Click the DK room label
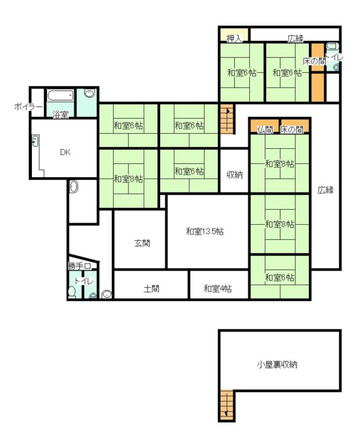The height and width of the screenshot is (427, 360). (65, 152)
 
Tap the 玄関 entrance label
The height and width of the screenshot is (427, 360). (142, 243)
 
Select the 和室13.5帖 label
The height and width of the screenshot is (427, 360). (205, 232)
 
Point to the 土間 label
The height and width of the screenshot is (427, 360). (151, 288)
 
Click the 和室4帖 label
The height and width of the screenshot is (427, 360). (218, 288)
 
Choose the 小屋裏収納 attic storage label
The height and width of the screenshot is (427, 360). (277, 365)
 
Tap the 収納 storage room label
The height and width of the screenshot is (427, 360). (235, 175)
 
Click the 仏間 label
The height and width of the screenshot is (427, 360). (265, 129)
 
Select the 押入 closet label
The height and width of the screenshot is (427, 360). (234, 38)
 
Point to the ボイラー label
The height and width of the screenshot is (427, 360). (28, 107)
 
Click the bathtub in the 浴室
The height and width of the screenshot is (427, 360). (60, 96)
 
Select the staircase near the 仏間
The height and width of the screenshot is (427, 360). (227, 119)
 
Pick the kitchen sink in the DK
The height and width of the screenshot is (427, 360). (36, 141)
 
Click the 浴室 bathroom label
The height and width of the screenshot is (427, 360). (60, 115)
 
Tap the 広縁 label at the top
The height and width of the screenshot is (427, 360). (295, 38)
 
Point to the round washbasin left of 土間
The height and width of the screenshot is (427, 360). (106, 295)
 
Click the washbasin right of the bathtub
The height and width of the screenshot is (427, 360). (90, 93)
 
